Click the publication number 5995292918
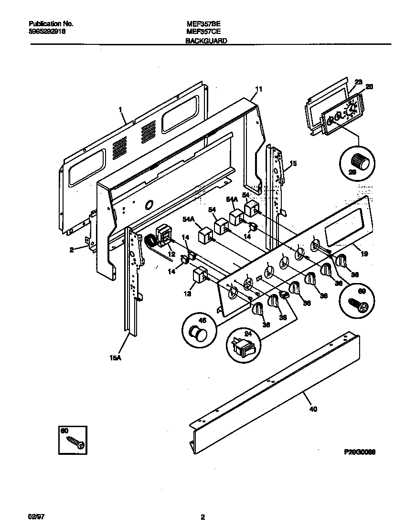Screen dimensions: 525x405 click(x=47, y=31)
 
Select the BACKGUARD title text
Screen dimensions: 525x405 click(x=206, y=42)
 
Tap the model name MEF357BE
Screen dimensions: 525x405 click(x=202, y=23)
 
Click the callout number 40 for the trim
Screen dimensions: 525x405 click(x=313, y=409)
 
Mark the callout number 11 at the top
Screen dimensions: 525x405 click(x=258, y=89)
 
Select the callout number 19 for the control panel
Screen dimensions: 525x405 click(x=364, y=254)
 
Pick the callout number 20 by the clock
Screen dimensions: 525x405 click(x=369, y=86)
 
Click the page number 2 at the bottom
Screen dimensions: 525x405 click(x=202, y=517)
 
